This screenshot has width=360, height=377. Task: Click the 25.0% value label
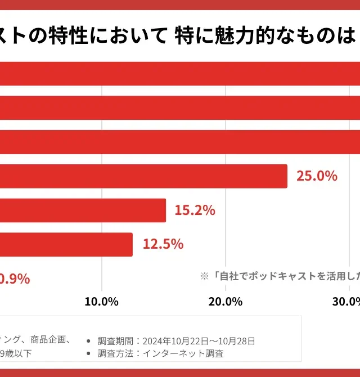pos(317,176)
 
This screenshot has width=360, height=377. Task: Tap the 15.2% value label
pos(195,210)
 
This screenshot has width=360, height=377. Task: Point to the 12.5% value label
pos(163,244)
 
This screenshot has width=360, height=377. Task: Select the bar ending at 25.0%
pos(143,176)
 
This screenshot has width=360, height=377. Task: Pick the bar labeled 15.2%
pos(83,210)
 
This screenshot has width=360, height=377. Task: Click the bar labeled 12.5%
pos(66,245)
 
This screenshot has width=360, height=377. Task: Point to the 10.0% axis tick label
pos(101,301)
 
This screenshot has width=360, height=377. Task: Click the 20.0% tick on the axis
pos(225,301)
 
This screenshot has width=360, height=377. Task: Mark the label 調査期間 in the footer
pos(115,341)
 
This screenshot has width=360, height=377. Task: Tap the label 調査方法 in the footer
pos(115,354)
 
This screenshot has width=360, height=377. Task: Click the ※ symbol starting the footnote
pos(205,276)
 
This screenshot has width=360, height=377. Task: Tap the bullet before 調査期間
pos(89,341)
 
